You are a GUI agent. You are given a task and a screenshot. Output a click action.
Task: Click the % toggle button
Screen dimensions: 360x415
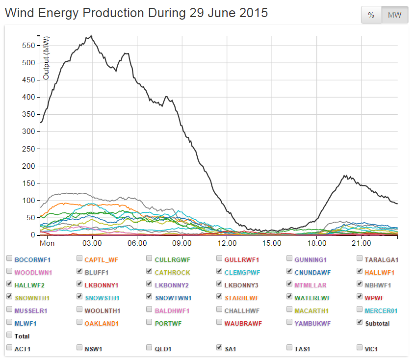click(x=371, y=15)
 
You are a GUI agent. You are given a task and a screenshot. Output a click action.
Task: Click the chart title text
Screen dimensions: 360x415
click(x=136, y=13)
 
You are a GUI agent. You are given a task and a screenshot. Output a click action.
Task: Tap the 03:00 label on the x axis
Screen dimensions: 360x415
click(x=92, y=243)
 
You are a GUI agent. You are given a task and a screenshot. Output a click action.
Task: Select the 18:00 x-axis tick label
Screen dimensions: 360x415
click(x=317, y=243)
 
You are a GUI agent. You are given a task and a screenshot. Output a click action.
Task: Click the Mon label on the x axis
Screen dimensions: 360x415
click(x=47, y=243)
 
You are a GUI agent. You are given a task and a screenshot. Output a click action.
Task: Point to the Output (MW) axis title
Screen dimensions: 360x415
click(x=47, y=58)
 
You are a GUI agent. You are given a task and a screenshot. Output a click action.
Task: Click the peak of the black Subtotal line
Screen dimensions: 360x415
click(x=91, y=36)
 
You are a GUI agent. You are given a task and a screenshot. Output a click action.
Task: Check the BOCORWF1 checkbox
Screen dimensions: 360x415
click(x=9, y=259)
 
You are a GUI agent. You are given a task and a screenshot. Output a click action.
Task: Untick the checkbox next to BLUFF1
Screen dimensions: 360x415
click(x=79, y=272)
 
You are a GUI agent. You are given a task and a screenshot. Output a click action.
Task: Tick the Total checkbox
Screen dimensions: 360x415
click(x=9, y=335)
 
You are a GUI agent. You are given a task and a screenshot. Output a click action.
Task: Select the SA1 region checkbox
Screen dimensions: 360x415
click(x=220, y=348)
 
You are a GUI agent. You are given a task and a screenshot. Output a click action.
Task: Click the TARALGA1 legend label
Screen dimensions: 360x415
click(x=382, y=259)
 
